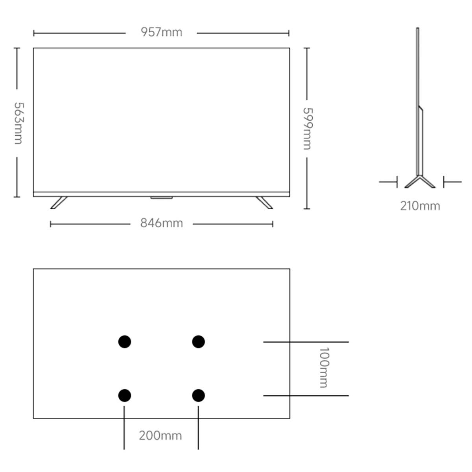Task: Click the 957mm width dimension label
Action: point(161,32)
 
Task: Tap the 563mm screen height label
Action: point(18,123)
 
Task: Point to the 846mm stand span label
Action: point(161,223)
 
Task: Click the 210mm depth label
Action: point(420,206)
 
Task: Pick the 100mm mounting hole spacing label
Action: point(324,367)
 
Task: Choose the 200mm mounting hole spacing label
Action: point(160,436)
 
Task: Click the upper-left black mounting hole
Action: point(125,342)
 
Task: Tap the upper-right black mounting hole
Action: point(198,342)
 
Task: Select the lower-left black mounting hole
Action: point(125,395)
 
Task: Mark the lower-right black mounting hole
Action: point(198,395)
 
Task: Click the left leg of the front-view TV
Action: point(59,203)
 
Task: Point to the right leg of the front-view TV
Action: point(264,203)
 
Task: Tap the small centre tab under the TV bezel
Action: point(161,198)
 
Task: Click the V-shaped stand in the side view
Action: point(420,182)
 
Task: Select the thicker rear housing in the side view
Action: point(420,140)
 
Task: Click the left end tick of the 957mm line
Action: point(34,33)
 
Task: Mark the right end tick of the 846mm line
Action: point(273,224)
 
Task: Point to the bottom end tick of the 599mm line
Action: point(307,209)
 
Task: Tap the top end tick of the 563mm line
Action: point(17,48)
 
